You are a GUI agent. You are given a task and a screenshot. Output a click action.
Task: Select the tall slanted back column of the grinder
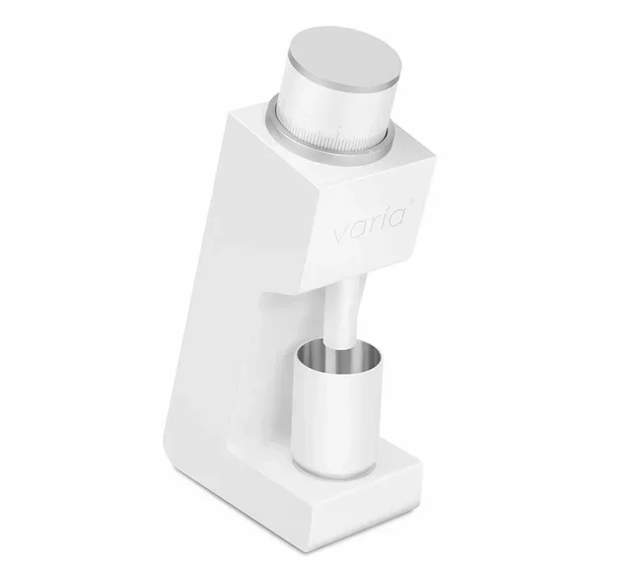tap(212, 296)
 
